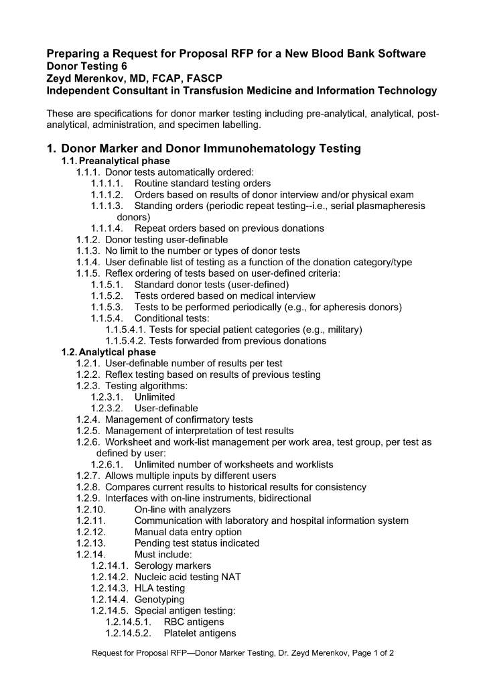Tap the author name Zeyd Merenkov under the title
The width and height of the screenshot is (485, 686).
point(84,78)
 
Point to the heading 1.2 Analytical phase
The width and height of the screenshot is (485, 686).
point(109,352)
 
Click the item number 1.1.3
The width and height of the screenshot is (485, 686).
point(88,251)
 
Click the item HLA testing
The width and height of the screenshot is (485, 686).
point(159,588)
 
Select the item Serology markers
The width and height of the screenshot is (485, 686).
point(173,566)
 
